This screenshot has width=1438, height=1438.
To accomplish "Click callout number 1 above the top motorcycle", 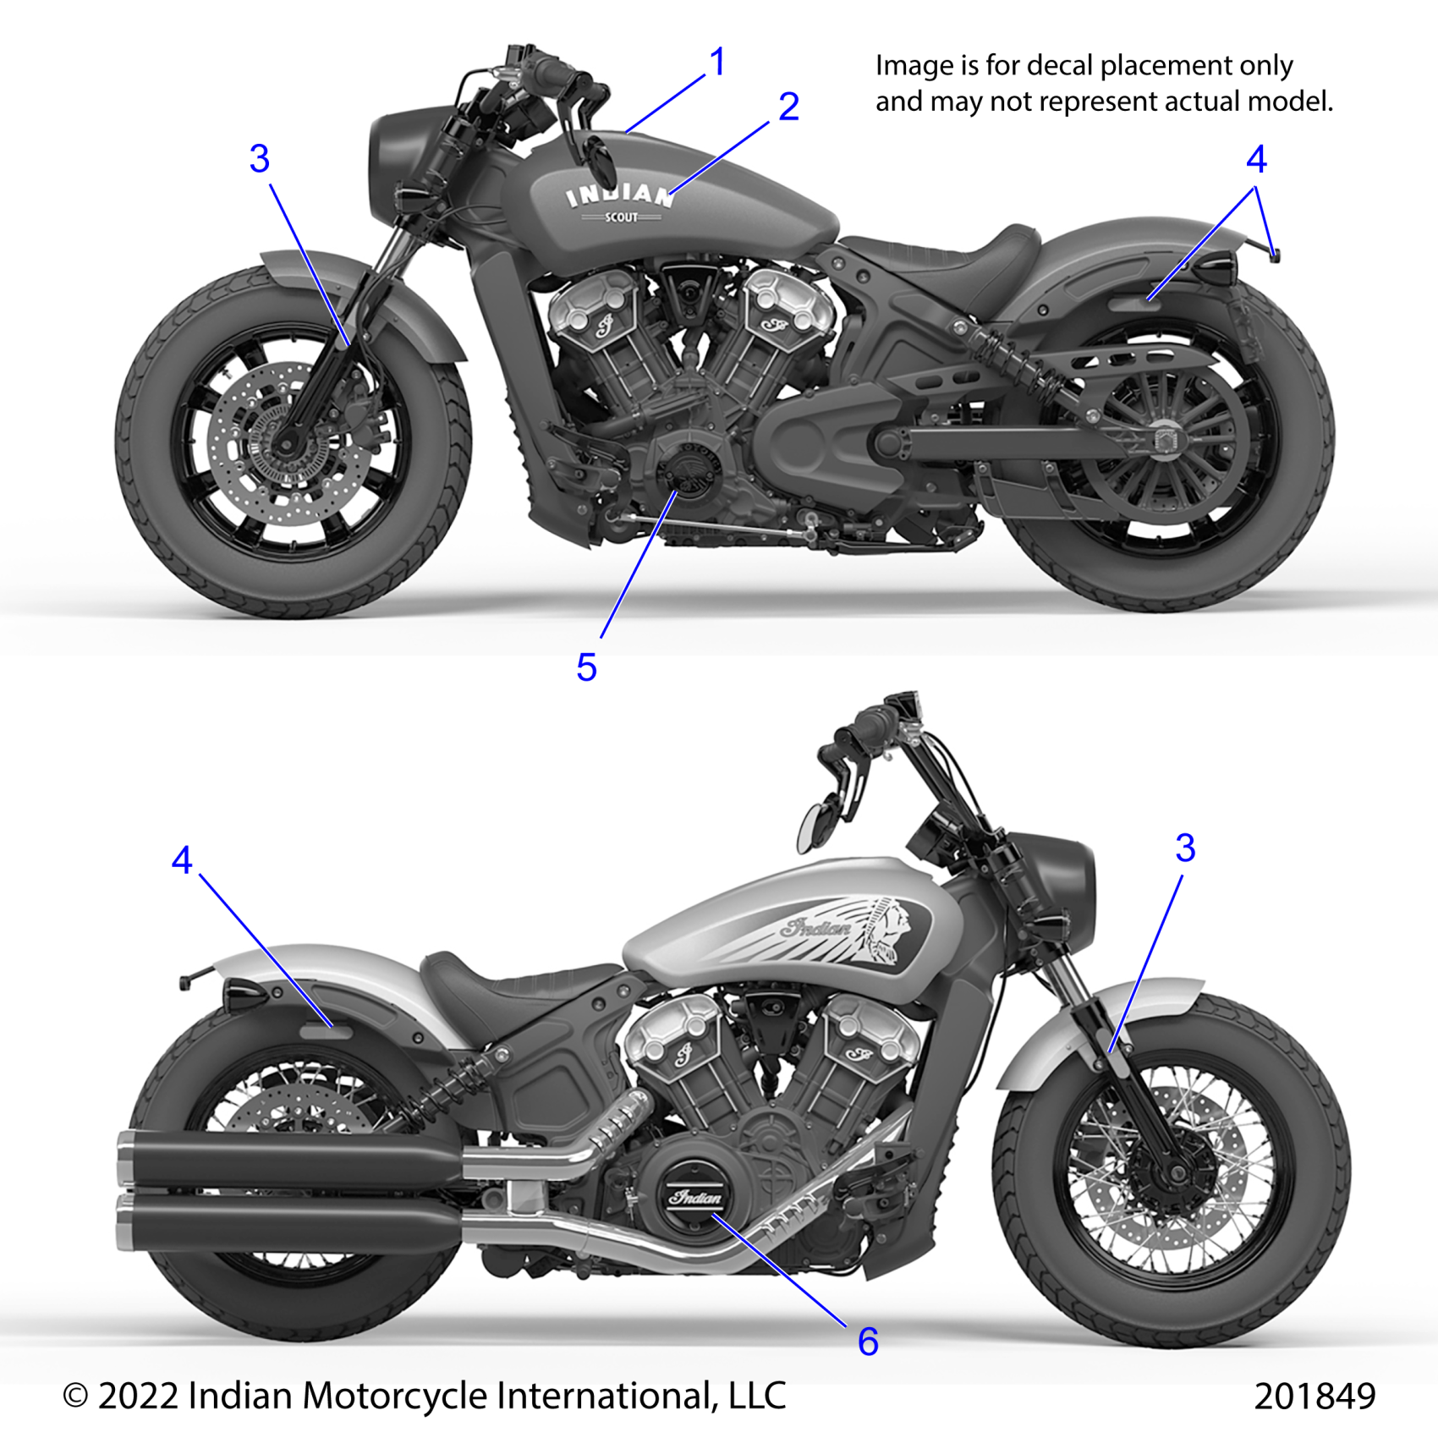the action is pyautogui.click(x=717, y=63).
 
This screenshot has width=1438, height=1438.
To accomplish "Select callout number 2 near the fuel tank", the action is pyautogui.click(x=788, y=107).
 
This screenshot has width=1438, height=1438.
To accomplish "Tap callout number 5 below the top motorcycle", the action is pyautogui.click(x=586, y=668).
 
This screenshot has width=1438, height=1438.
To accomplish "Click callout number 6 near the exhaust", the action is pyautogui.click(x=868, y=1342).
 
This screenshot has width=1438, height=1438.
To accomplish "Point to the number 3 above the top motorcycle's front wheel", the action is pyautogui.click(x=260, y=159).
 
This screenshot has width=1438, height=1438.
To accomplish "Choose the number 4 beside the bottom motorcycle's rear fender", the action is pyautogui.click(x=182, y=861).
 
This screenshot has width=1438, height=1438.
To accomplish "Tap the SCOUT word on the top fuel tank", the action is pyautogui.click(x=621, y=217).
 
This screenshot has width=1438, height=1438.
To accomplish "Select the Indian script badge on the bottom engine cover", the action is pyautogui.click(x=695, y=1197).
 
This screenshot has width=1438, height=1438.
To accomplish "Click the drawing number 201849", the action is pyautogui.click(x=1315, y=1397).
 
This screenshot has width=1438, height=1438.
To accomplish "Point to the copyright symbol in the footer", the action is pyautogui.click(x=75, y=1397).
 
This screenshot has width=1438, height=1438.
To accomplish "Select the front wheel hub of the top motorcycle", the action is pyautogui.click(x=285, y=442).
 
